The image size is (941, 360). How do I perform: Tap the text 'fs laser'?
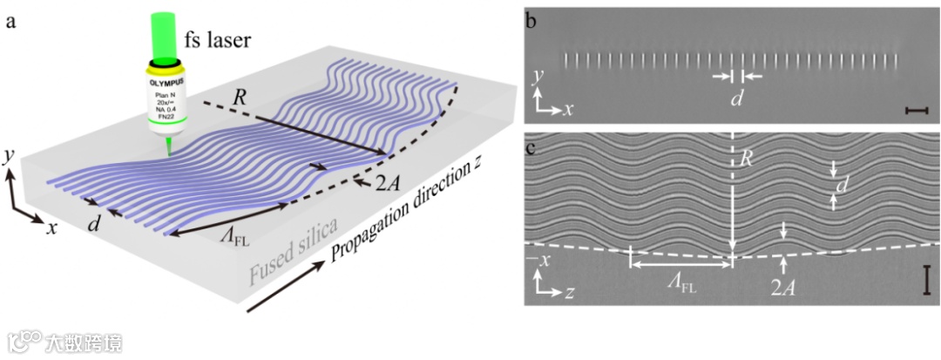tap(215, 40)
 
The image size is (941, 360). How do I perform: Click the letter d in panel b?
tap(736, 98)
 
